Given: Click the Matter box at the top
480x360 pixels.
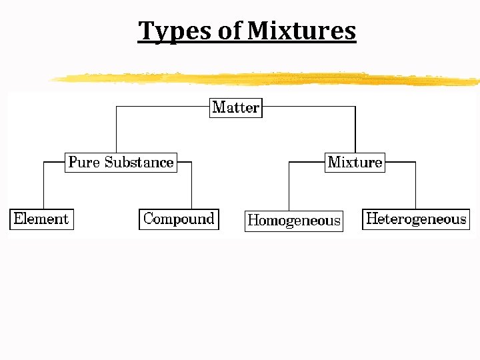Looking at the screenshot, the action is tap(236, 107).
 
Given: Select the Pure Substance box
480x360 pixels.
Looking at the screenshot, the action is tap(121, 162).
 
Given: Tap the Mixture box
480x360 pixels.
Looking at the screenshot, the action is tap(355, 162).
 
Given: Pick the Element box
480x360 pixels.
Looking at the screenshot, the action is tap(41, 219).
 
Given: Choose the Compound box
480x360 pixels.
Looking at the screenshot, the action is tap(179, 219).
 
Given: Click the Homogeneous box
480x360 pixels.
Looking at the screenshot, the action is tap(294, 221).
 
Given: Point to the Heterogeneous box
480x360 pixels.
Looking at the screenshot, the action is tap(416, 219).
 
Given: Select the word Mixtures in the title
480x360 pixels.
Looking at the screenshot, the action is tap(301, 31).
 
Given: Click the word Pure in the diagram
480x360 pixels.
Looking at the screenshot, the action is tap(84, 162).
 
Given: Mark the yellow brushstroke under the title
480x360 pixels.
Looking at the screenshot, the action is tap(267, 79).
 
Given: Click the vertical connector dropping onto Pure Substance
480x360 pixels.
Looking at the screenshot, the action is tap(117, 130).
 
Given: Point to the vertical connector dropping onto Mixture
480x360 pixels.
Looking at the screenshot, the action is tap(355, 130).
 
